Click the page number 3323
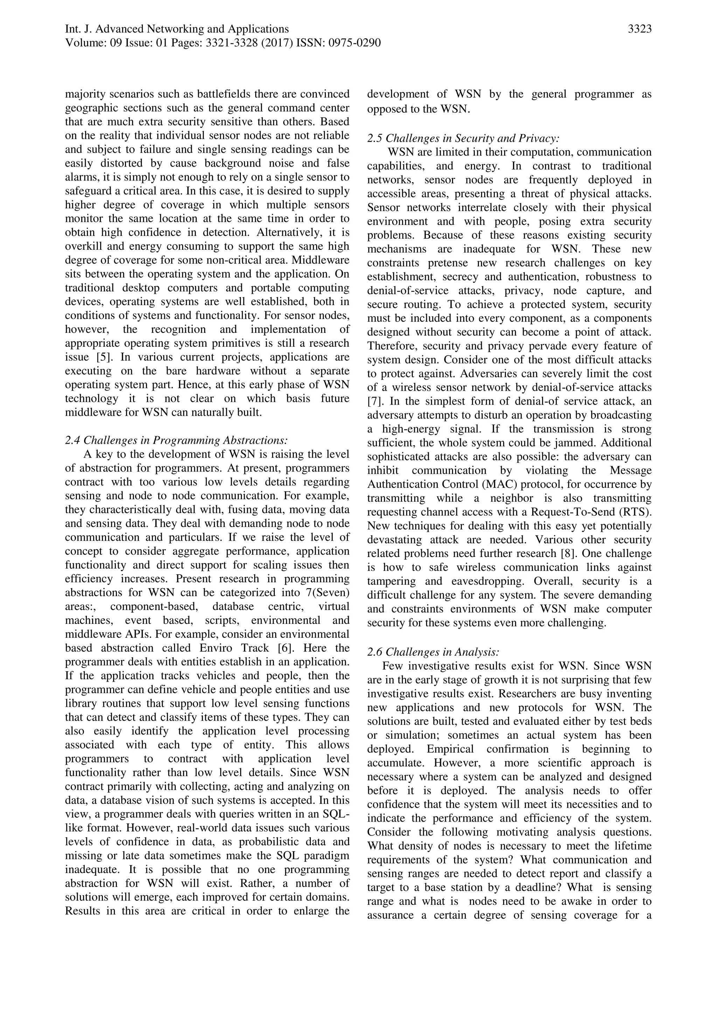point(639,29)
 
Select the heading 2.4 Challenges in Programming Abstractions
point(176,440)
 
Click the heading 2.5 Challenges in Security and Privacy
point(463,139)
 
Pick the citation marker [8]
point(577,553)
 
